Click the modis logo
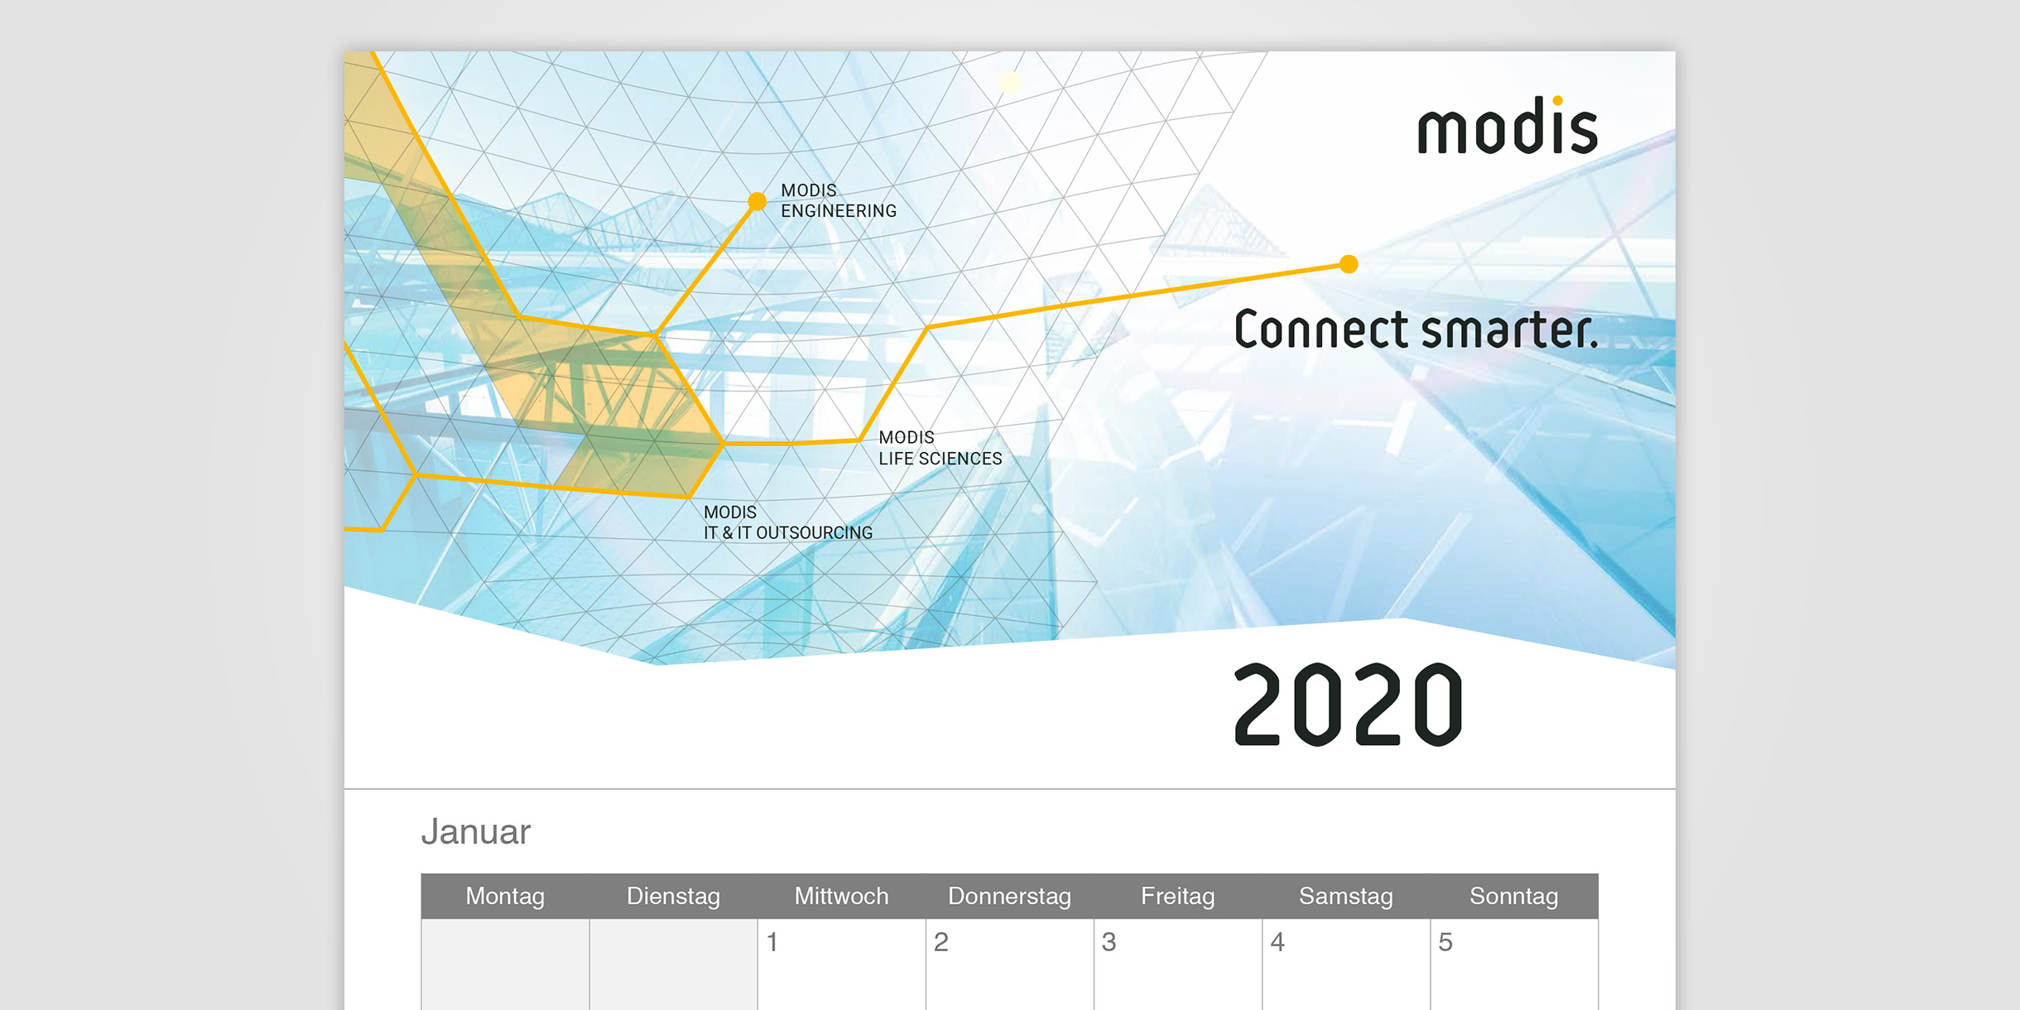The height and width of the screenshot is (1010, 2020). [x=1508, y=126]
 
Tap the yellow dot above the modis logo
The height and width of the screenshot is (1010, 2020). [x=1557, y=101]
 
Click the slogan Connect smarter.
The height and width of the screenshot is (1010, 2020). [x=1416, y=329]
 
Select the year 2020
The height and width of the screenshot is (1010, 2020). [x=1348, y=705]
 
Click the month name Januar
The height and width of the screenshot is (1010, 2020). [x=476, y=832]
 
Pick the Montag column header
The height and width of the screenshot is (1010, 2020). [x=505, y=896]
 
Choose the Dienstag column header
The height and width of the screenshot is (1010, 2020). [x=673, y=896]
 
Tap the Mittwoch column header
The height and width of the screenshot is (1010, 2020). [x=841, y=896]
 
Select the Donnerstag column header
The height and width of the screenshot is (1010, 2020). [x=1009, y=896]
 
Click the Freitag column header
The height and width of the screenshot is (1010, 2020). [x=1177, y=896]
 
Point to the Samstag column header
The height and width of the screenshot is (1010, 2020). [x=1345, y=896]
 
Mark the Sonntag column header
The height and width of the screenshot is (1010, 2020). [x=1513, y=896]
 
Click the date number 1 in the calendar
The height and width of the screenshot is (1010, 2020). [x=772, y=942]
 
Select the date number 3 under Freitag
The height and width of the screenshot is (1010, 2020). [x=1109, y=942]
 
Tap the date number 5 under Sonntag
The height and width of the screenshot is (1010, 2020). [x=1445, y=942]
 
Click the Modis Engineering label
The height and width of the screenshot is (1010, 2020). [x=839, y=200]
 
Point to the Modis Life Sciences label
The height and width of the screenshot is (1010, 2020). [x=940, y=448]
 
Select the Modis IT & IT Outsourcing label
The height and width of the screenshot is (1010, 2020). [x=788, y=522]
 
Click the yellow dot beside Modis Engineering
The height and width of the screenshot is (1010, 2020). [x=757, y=201]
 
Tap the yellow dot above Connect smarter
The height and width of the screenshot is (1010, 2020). [x=1349, y=264]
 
